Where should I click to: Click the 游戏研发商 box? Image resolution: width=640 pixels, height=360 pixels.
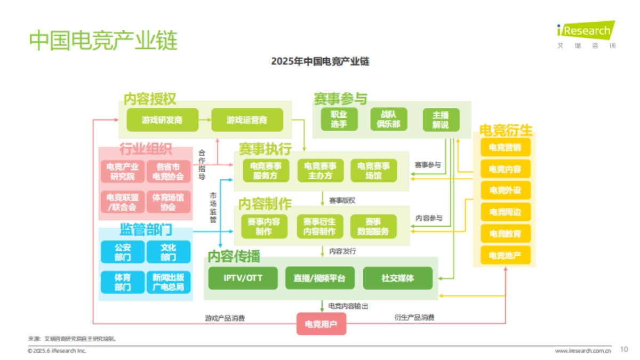pyautogui.click(x=162, y=120)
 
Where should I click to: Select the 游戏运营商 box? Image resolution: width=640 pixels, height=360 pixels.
pyautogui.click(x=247, y=120)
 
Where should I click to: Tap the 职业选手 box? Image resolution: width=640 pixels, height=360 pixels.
pyautogui.click(x=339, y=120)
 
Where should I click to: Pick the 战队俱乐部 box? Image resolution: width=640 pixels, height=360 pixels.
pyautogui.click(x=389, y=120)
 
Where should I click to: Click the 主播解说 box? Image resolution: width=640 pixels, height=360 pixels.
pyautogui.click(x=441, y=120)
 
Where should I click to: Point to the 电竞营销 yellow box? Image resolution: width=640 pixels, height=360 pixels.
pyautogui.click(x=505, y=148)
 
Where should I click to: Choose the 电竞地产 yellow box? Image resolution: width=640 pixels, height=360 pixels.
pyautogui.click(x=505, y=255)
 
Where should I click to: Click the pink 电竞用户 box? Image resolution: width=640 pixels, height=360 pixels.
pyautogui.click(x=321, y=324)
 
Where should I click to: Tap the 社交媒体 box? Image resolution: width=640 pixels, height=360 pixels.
pyautogui.click(x=398, y=278)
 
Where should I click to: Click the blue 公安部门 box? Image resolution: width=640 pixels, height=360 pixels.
pyautogui.click(x=122, y=252)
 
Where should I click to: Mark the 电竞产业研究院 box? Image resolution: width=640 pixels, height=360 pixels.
pyautogui.click(x=122, y=172)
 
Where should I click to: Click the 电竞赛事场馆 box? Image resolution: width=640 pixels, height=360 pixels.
pyautogui.click(x=373, y=171)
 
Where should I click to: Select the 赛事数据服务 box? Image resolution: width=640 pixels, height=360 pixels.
pyautogui.click(x=373, y=227)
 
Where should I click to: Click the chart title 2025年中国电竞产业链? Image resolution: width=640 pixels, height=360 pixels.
pyautogui.click(x=320, y=62)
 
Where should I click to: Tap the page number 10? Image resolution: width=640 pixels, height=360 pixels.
pyautogui.click(x=624, y=350)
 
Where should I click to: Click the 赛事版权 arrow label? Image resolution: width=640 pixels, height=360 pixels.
pyautogui.click(x=342, y=201)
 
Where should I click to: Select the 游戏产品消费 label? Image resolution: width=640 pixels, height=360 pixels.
pyautogui.click(x=225, y=318)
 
